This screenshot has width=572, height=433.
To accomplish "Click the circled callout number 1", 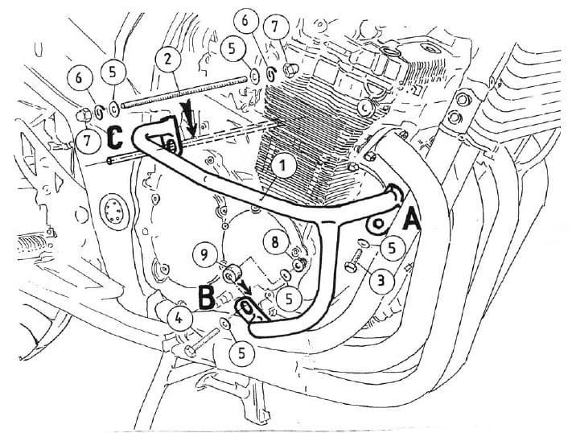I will click(x=281, y=166).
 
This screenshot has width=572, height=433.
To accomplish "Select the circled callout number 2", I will click(x=167, y=59).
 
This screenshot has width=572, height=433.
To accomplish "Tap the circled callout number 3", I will click(x=377, y=281).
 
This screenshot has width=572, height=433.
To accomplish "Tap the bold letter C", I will click(x=114, y=137).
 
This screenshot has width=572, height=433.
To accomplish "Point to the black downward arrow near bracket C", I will click(x=190, y=121).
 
